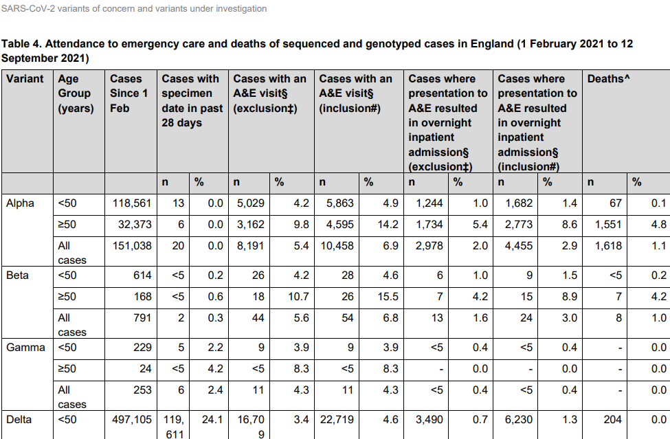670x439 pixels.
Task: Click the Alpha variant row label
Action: pyautogui.click(x=20, y=203)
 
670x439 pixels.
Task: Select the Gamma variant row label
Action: pyautogui.click(x=25, y=348)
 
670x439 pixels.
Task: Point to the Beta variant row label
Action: pyautogui.click(x=17, y=275)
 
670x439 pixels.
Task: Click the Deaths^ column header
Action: pyautogui.click(x=608, y=79)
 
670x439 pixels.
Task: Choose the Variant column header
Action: pyautogui.click(x=25, y=79)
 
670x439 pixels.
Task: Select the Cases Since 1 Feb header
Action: pyautogui.click(x=129, y=93)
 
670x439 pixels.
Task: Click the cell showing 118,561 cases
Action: pyautogui.click(x=132, y=203)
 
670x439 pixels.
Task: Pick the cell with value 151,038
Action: pyautogui.click(x=132, y=246)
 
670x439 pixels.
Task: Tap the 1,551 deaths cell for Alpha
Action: pyautogui.click(x=608, y=225)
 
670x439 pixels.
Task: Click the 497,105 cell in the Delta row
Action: pyautogui.click(x=132, y=420)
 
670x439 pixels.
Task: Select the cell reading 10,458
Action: pyautogui.click(x=337, y=246)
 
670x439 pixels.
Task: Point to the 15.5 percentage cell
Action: pyautogui.click(x=388, y=297)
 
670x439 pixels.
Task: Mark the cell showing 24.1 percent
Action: pyautogui.click(x=212, y=420)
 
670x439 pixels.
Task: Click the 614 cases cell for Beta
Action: pyautogui.click(x=142, y=275)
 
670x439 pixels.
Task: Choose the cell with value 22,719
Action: pyautogui.click(x=337, y=420)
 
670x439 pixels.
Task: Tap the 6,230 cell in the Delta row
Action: pyautogui.click(x=519, y=420)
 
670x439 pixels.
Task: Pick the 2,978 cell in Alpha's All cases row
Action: pyautogui.click(x=429, y=246)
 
